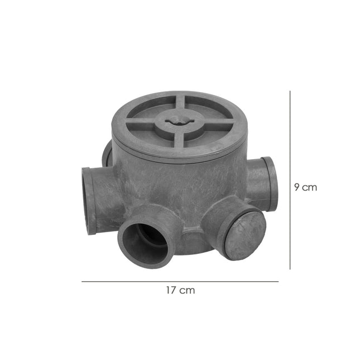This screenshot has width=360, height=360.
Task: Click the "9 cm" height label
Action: pyautogui.click(x=305, y=188)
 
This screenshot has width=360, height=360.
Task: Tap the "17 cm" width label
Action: pyautogui.click(x=180, y=290)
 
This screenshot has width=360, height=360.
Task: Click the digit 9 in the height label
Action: pyautogui.click(x=297, y=188)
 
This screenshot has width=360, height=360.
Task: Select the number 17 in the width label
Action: pyautogui.click(x=171, y=290)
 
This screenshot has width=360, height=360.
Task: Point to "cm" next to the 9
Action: pyautogui.click(x=310, y=188)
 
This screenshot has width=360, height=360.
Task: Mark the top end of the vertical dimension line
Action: pyautogui.click(x=290, y=93)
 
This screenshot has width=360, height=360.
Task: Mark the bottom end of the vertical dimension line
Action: pyautogui.click(x=290, y=268)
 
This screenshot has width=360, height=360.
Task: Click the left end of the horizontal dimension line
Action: pyautogui.click(x=82, y=281)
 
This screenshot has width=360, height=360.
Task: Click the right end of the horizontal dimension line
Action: pyautogui.click(x=278, y=281)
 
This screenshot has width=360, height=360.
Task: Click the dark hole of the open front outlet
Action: pyautogui.click(x=147, y=237)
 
